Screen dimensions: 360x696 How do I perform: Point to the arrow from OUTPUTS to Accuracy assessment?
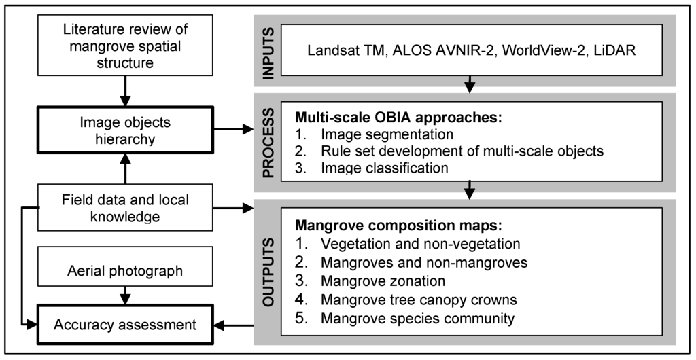click(x=235, y=325)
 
